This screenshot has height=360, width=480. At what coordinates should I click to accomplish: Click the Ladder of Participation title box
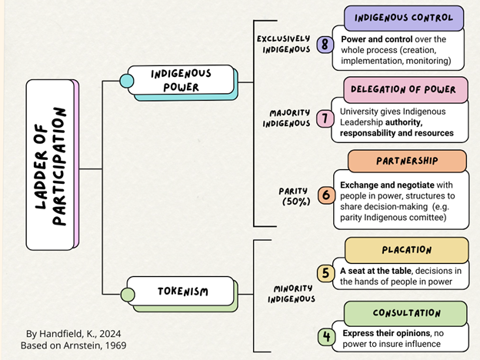pos(52,164)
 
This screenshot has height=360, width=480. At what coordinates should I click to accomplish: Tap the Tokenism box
pos(183,292)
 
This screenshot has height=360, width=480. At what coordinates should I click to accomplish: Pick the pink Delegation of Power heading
pos(405,89)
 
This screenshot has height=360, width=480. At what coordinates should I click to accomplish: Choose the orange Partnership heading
pos(407,162)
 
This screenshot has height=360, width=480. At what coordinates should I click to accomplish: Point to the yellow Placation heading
pos(406,250)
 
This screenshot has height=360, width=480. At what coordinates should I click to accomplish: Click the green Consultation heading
pos(406,313)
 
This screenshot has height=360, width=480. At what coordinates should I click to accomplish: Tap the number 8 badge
pos(325,44)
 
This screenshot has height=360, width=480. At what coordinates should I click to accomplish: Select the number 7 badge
pos(325,118)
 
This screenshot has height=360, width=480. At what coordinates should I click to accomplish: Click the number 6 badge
pos(326,195)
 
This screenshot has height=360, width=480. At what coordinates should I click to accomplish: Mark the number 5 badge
pos(326,273)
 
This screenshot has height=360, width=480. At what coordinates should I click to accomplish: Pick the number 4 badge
pos(326,337)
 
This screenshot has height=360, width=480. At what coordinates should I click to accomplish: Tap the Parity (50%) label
pos(295,195)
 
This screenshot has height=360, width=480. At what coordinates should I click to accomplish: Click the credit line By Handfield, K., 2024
pos(75,334)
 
